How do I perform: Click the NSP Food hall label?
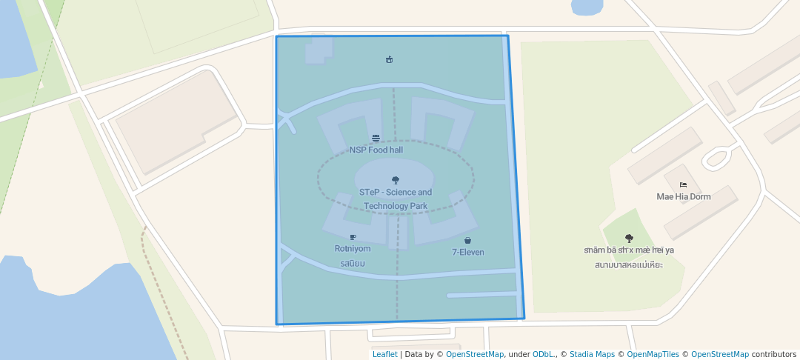click(x=376, y=150)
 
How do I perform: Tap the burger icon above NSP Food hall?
click(x=376, y=139)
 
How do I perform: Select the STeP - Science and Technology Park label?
click(x=396, y=199)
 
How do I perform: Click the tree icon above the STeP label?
click(x=396, y=180)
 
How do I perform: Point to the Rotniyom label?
click(x=353, y=249)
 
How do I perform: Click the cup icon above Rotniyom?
click(x=353, y=238)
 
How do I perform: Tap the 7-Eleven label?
click(x=468, y=252)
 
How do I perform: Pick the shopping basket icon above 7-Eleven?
click(x=468, y=241)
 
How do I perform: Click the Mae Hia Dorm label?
click(x=684, y=196)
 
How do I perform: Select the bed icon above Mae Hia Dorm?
click(x=683, y=184)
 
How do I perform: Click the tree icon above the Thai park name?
click(x=629, y=239)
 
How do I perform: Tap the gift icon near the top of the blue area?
click(x=389, y=60)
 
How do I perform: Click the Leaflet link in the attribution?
click(x=384, y=354)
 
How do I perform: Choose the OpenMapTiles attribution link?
click(x=654, y=354)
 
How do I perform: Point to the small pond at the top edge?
click(x=587, y=6)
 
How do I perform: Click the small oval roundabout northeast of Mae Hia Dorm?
click(x=717, y=157)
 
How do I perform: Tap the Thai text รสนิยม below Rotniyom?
click(x=353, y=263)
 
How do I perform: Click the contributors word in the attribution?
click(x=774, y=354)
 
